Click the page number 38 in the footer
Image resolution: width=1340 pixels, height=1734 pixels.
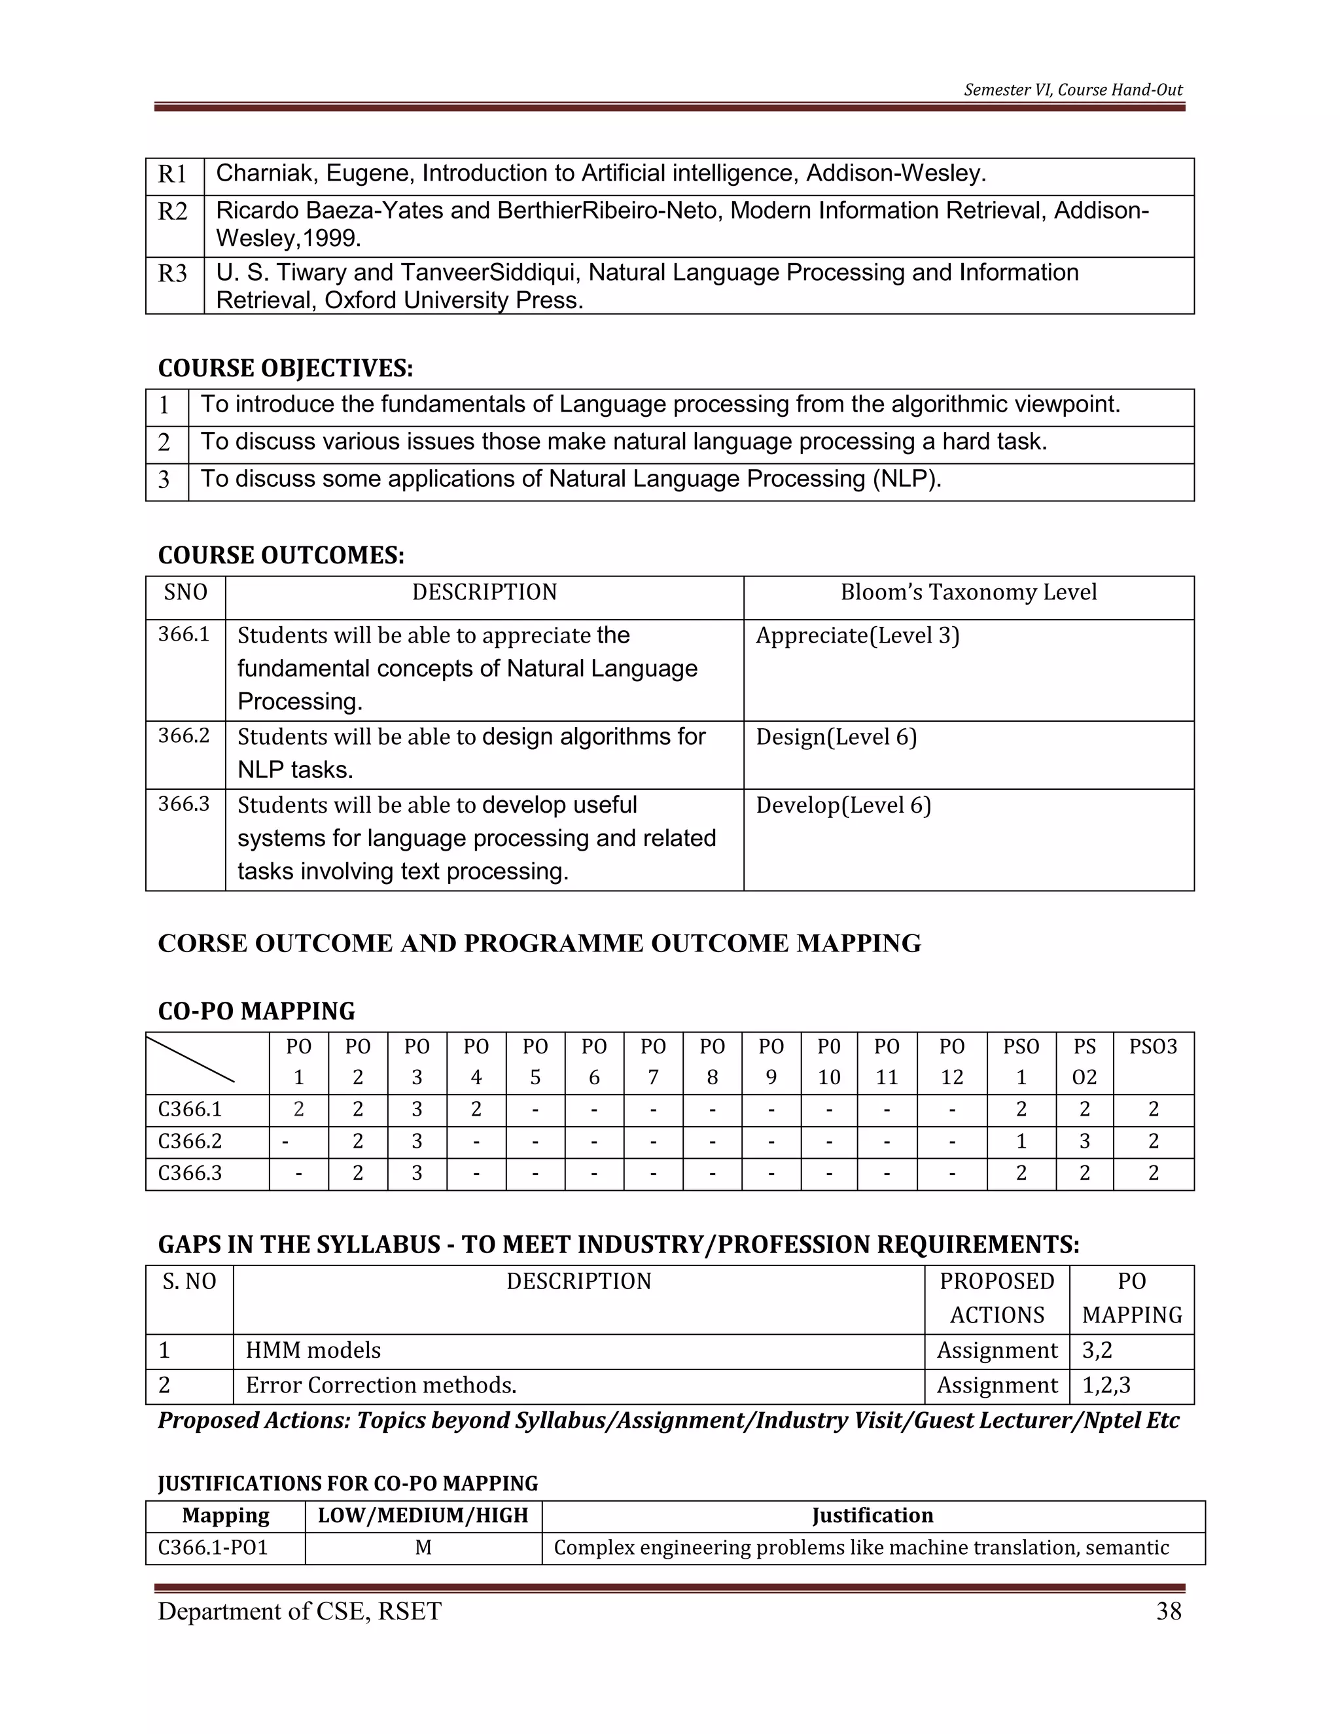[x=1169, y=1611]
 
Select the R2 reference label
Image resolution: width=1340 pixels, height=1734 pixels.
[x=173, y=212]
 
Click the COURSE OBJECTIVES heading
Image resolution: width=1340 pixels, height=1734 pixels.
[x=285, y=368]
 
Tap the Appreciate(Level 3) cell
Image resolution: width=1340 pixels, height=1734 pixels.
[x=857, y=636]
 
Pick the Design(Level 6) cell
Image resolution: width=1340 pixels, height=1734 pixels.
[x=836, y=737]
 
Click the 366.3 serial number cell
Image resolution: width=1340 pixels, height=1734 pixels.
[x=184, y=804]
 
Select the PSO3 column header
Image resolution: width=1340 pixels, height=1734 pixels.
[x=1153, y=1046]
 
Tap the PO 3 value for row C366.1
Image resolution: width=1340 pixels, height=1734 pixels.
[x=417, y=1109]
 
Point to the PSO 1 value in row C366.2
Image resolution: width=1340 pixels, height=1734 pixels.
[x=1021, y=1141]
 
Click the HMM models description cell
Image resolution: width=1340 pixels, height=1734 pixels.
[x=313, y=1351]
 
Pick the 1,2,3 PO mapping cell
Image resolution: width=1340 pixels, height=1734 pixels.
[x=1106, y=1385]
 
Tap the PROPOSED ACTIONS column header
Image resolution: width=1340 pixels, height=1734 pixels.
[x=996, y=1298]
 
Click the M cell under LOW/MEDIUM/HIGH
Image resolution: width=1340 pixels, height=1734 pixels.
[x=423, y=1548]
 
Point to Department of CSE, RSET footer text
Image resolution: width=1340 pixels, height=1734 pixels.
[x=299, y=1611]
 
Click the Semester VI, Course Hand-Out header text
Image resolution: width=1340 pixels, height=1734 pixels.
[x=1072, y=90]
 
